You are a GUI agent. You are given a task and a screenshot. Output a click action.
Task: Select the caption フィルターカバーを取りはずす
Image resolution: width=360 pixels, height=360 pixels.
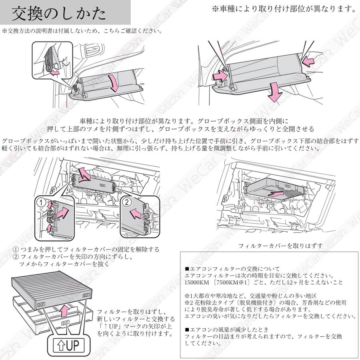coord(280,245)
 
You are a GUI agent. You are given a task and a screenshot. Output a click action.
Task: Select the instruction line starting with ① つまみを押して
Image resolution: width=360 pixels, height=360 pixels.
coord(86,249)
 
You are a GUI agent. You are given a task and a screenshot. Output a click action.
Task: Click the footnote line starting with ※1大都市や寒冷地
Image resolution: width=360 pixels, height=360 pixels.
coord(248,296)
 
